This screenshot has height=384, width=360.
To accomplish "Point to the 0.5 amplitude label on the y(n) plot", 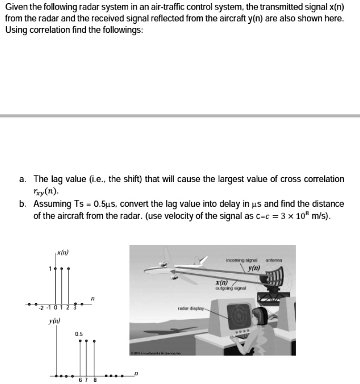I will click(x=79, y=333).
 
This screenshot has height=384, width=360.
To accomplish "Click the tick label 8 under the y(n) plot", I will click(x=95, y=380).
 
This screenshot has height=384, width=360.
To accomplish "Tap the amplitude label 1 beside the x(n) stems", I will click(x=50, y=268).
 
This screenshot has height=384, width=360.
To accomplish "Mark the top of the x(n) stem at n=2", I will click(x=70, y=268).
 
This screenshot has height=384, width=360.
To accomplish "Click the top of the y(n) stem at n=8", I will click(x=94, y=341).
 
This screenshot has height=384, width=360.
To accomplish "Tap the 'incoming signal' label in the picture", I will click(x=240, y=259).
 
